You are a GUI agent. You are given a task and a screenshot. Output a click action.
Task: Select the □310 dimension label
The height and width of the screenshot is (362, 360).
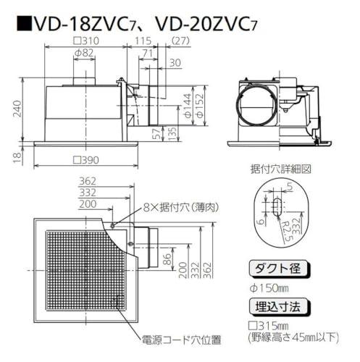click(x=86, y=41)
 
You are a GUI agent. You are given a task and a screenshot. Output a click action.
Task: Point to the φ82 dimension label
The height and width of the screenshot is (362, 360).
click(x=83, y=53)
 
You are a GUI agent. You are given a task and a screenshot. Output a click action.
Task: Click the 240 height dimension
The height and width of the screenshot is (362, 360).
click(x=17, y=109)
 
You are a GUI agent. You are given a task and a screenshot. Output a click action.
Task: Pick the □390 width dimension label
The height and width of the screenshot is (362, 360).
click(x=86, y=160)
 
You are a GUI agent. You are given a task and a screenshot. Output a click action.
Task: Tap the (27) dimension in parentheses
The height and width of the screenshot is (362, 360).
click(x=181, y=41)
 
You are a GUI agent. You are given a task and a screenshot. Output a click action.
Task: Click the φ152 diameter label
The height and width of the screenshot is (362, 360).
click(x=201, y=106)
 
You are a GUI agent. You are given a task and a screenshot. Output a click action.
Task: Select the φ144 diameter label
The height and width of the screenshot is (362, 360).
click(x=188, y=106)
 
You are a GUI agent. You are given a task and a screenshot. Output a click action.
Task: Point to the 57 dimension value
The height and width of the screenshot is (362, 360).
click(x=157, y=133)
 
